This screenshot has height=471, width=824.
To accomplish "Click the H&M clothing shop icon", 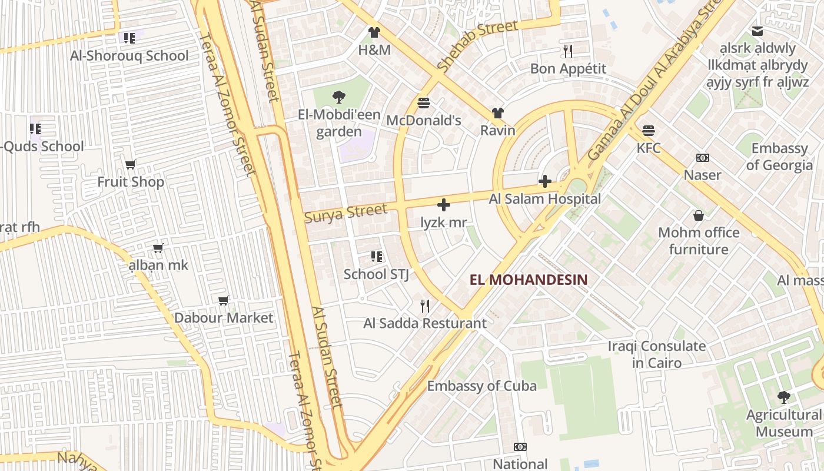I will [x=374, y=32].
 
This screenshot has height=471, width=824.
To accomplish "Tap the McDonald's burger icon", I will [x=423, y=103].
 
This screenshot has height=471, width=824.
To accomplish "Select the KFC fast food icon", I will [x=649, y=130].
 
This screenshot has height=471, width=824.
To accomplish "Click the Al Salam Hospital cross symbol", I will [x=545, y=181].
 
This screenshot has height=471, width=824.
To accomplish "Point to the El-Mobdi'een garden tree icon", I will [x=338, y=97].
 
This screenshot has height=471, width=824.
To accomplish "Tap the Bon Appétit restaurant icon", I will [x=568, y=51].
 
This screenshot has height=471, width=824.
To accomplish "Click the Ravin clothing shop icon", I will [x=498, y=113].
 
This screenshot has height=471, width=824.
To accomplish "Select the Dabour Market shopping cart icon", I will [x=224, y=301].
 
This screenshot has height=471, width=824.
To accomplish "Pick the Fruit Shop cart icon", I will [x=131, y=164].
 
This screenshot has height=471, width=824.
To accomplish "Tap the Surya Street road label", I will [x=346, y=213].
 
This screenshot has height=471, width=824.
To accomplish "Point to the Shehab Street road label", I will [x=477, y=45].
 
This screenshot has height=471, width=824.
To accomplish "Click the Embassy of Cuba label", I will [x=481, y=386].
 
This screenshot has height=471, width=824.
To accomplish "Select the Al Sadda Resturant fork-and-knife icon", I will [x=425, y=306].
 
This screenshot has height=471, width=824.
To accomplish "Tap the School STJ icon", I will [x=377, y=257].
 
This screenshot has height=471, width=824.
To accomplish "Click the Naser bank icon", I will [x=702, y=158].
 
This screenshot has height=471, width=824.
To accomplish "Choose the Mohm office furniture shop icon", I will [x=699, y=215].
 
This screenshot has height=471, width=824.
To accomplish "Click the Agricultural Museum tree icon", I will [x=783, y=397].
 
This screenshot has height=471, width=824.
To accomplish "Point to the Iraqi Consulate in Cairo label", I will [x=657, y=354].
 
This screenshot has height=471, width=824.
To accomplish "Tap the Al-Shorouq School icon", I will [x=129, y=38].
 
